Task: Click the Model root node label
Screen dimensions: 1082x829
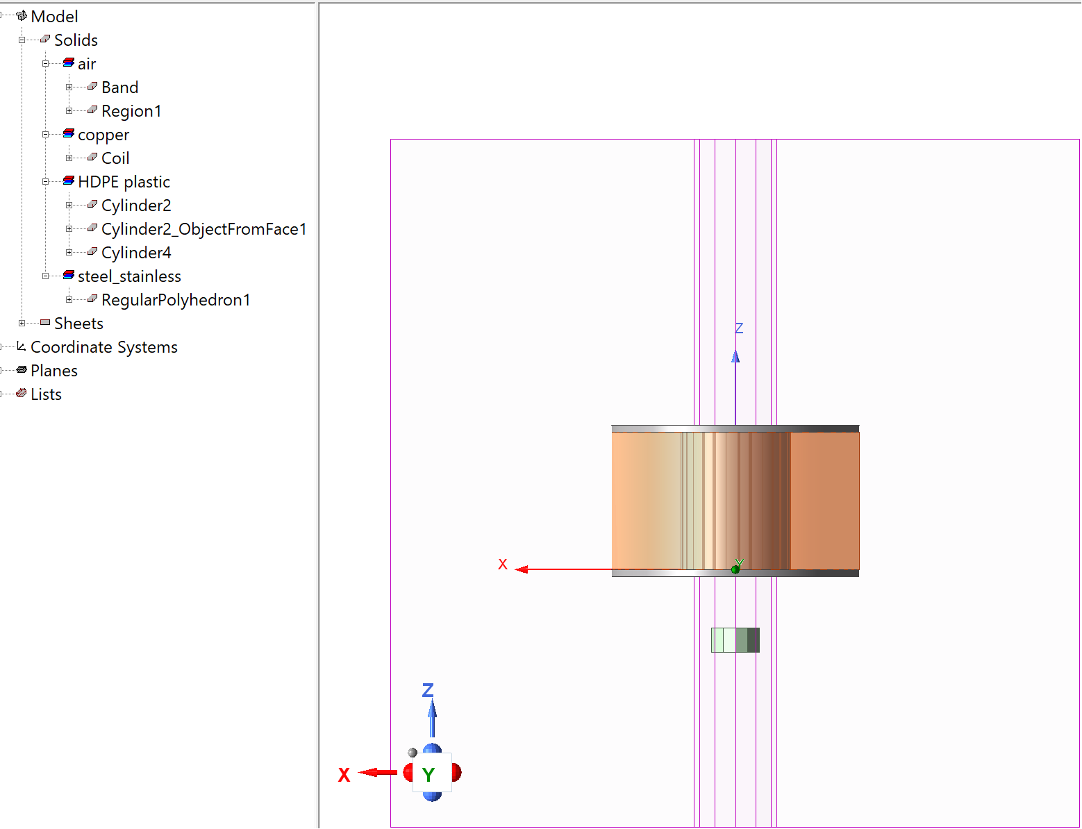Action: point(54,17)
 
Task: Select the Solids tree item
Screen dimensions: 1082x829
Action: point(76,40)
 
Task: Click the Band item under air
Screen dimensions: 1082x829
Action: point(119,87)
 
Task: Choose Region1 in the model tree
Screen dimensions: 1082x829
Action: point(131,111)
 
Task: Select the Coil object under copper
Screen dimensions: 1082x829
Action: point(115,158)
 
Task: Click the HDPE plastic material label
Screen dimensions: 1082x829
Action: point(124,182)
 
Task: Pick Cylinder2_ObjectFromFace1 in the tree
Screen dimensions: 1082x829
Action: point(203,229)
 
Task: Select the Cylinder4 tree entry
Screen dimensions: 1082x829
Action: point(136,253)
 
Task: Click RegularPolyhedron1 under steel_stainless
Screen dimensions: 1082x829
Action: point(176,300)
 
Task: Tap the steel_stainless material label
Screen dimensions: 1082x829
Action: point(129,276)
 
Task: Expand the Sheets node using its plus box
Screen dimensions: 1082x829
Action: point(22,324)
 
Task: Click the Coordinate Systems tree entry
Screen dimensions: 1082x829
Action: point(104,347)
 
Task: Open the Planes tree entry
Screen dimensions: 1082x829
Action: point(53,371)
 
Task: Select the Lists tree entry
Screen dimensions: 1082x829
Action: point(46,394)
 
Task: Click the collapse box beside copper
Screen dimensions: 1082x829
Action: point(45,135)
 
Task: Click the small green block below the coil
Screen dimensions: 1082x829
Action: point(735,640)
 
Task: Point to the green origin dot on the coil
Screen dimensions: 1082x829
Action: point(735,569)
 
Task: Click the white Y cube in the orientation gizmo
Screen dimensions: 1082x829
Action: point(432,773)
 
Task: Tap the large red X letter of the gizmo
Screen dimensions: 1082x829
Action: point(344,775)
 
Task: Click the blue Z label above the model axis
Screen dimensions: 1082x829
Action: point(739,328)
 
